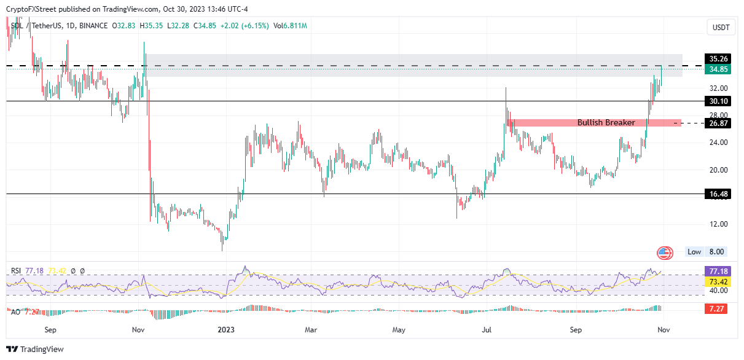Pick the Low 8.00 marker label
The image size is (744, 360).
point(707,252)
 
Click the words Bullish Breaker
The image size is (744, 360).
point(606,123)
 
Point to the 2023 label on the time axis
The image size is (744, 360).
point(227,330)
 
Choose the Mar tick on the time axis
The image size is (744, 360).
point(311,330)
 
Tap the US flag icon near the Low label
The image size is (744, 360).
point(665,252)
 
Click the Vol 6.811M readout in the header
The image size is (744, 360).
point(291,26)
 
